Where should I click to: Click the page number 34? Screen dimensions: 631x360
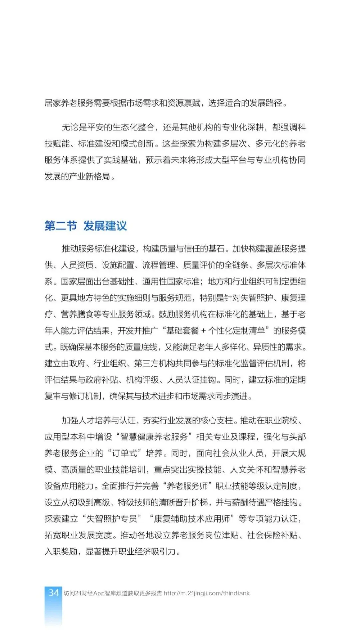click(x=53, y=593)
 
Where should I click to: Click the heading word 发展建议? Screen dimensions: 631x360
click(x=105, y=226)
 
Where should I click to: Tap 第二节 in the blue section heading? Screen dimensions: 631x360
click(x=61, y=226)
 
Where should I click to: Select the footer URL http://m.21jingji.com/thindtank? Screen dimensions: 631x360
click(x=207, y=593)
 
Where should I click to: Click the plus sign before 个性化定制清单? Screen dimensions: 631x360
click(x=204, y=331)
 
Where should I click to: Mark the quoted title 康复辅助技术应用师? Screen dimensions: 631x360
click(x=192, y=519)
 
